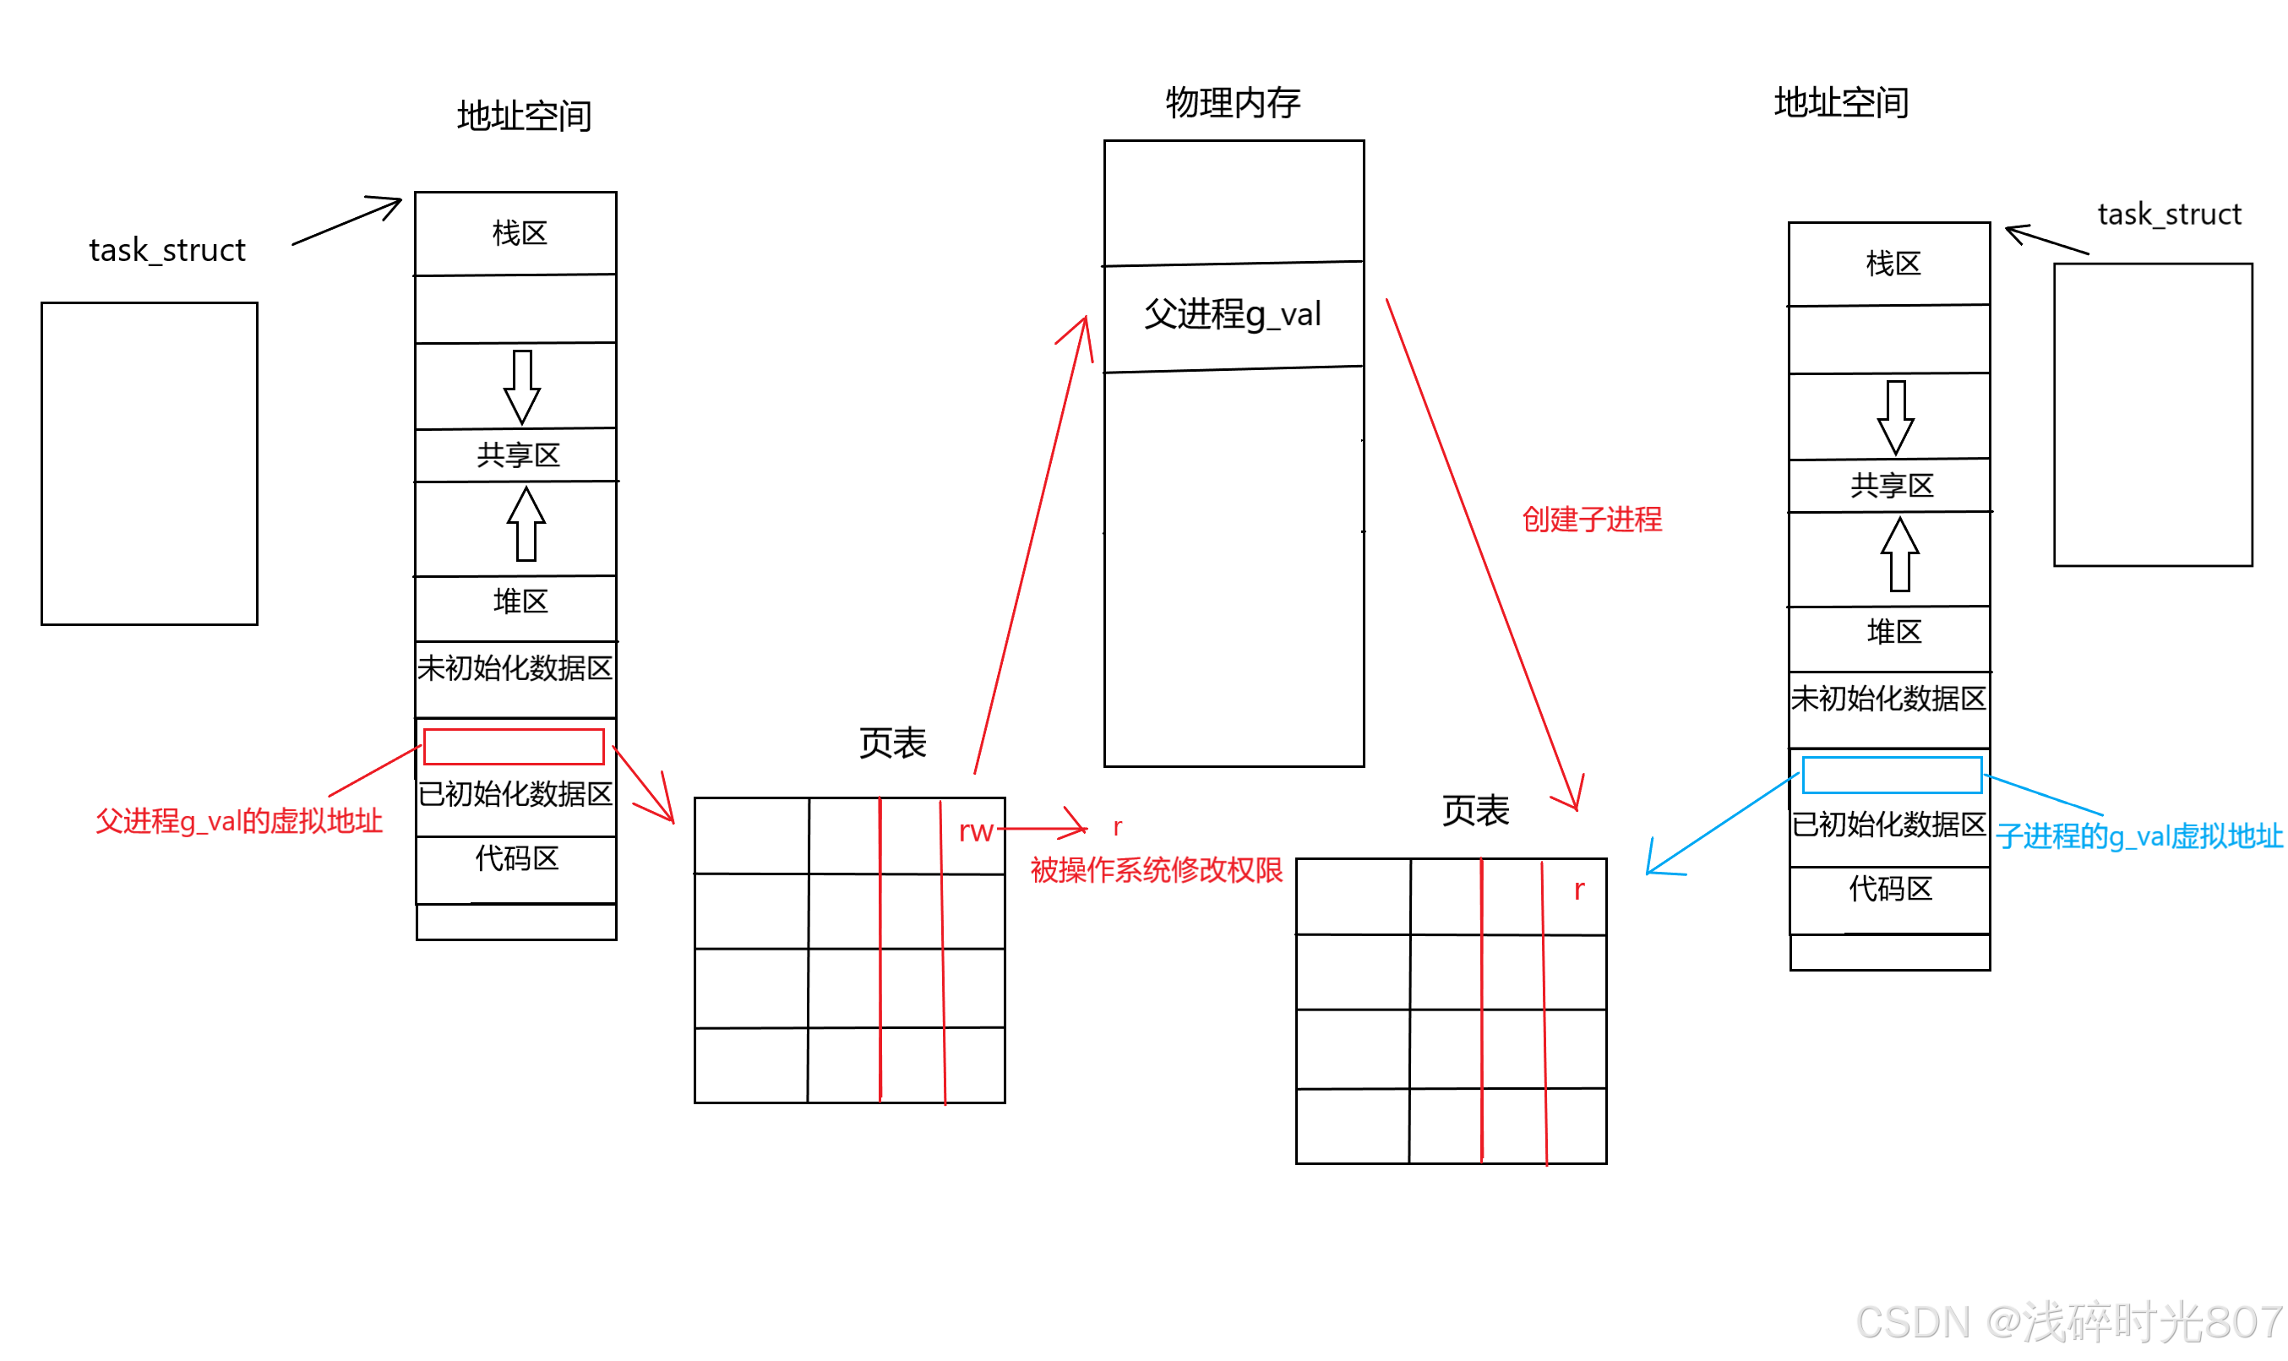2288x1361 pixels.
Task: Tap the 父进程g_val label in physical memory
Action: click(x=1232, y=314)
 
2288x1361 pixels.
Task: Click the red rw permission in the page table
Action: click(x=976, y=832)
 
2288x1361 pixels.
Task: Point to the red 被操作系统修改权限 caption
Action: click(x=1157, y=870)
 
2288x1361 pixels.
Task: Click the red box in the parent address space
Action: click(x=514, y=747)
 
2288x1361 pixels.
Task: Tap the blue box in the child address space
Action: click(x=1891, y=775)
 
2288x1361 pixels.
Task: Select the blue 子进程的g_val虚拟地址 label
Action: click(x=2138, y=836)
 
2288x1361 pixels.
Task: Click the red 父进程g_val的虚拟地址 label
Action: click(x=238, y=821)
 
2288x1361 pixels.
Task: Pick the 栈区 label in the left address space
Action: click(x=519, y=233)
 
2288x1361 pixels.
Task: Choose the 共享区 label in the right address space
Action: click(x=1891, y=485)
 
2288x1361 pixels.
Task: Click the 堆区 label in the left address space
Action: click(x=520, y=602)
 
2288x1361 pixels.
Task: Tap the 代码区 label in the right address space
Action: click(x=1890, y=889)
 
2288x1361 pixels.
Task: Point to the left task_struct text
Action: click(x=167, y=250)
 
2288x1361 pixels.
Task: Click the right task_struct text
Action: click(x=2168, y=215)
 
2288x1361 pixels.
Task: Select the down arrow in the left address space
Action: click(x=522, y=387)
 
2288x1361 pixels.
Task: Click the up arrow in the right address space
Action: click(x=1899, y=555)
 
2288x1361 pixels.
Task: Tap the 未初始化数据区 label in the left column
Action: click(x=515, y=668)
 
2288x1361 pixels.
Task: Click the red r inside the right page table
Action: click(x=1578, y=890)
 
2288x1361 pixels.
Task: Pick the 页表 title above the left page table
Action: click(x=892, y=743)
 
